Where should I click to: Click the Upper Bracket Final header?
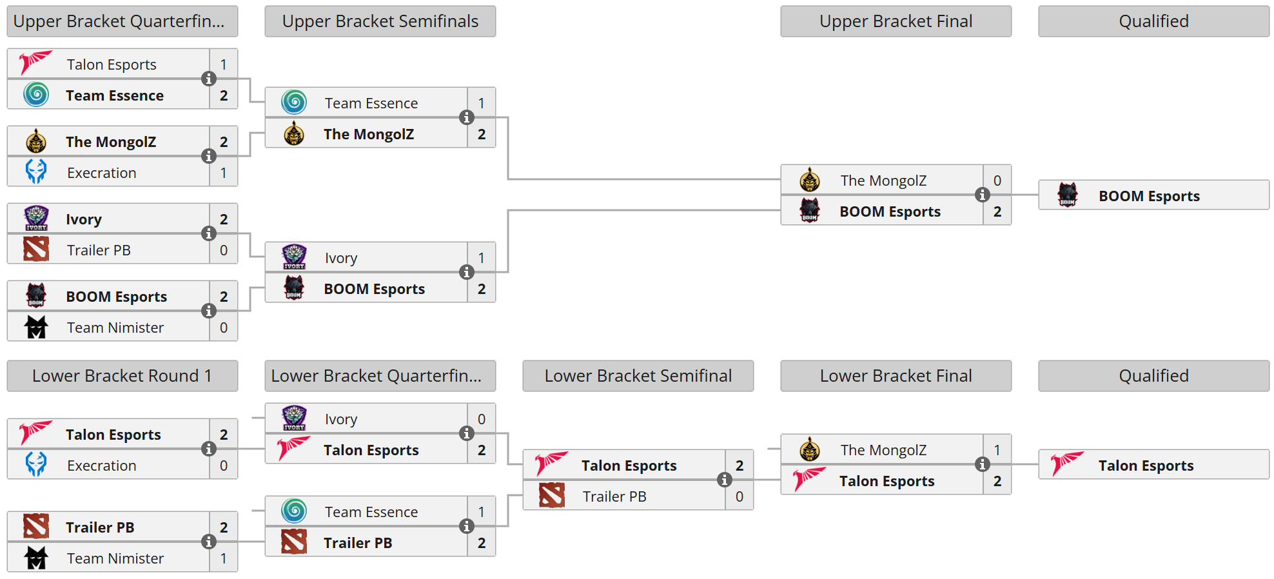coord(896,21)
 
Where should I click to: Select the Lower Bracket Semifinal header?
coord(638,376)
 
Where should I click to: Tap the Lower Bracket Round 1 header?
coord(122,376)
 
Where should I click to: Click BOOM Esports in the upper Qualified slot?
coord(1149,196)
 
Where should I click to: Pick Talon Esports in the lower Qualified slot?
coord(1146,466)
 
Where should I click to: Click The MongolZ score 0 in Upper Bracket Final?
coord(997,181)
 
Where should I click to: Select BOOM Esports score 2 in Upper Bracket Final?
coord(997,211)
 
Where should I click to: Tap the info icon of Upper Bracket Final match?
coord(982,195)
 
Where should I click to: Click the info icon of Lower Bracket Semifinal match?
coord(724,480)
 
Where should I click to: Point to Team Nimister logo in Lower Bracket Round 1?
coord(36,558)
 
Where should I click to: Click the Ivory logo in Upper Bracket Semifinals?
coord(294,257)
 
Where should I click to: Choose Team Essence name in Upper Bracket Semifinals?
coord(371,103)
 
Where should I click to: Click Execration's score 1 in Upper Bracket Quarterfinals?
coord(223,173)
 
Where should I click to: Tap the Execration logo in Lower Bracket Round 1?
coord(36,465)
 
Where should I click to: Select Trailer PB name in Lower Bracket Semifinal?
coord(614,496)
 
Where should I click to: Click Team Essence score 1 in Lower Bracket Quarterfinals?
coord(481,512)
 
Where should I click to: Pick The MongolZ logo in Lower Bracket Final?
coord(810,449)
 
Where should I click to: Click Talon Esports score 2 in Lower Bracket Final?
coord(997,481)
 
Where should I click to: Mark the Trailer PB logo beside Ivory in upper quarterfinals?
coord(36,250)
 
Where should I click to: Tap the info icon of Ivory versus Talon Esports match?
coord(466,433)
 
